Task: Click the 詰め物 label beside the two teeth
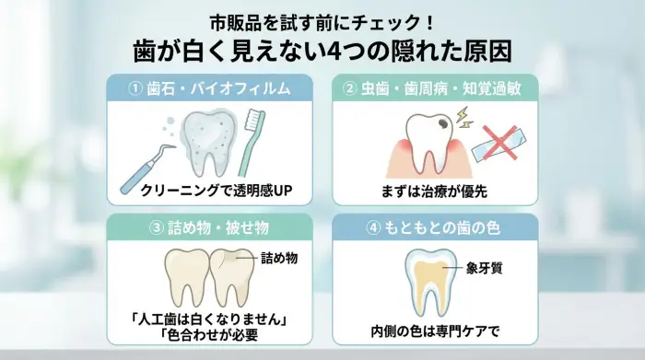click(279, 257)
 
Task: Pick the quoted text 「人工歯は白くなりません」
click(211, 319)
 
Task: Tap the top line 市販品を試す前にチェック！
click(322, 20)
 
